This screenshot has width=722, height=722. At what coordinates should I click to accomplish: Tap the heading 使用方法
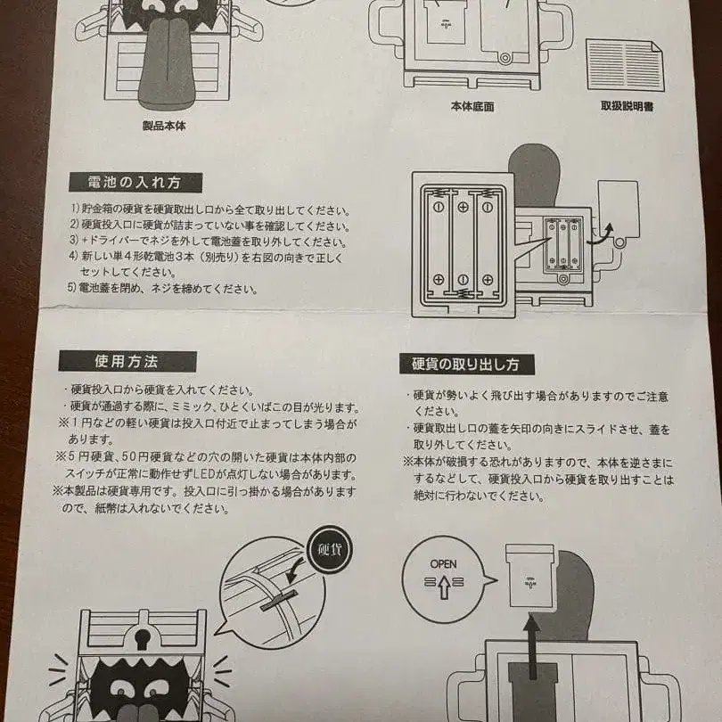(127, 361)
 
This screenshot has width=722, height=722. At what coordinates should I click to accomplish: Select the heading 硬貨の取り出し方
(466, 365)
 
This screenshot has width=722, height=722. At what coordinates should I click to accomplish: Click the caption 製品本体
(164, 127)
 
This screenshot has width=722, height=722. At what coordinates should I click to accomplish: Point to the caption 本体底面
(472, 106)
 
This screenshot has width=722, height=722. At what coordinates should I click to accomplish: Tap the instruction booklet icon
(624, 64)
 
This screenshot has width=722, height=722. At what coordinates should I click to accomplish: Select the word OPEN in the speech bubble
(443, 564)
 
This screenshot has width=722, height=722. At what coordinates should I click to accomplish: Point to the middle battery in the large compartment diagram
(463, 242)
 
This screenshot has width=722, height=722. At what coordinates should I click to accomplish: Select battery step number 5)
(74, 289)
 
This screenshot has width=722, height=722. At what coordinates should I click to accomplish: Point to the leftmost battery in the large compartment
(438, 242)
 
